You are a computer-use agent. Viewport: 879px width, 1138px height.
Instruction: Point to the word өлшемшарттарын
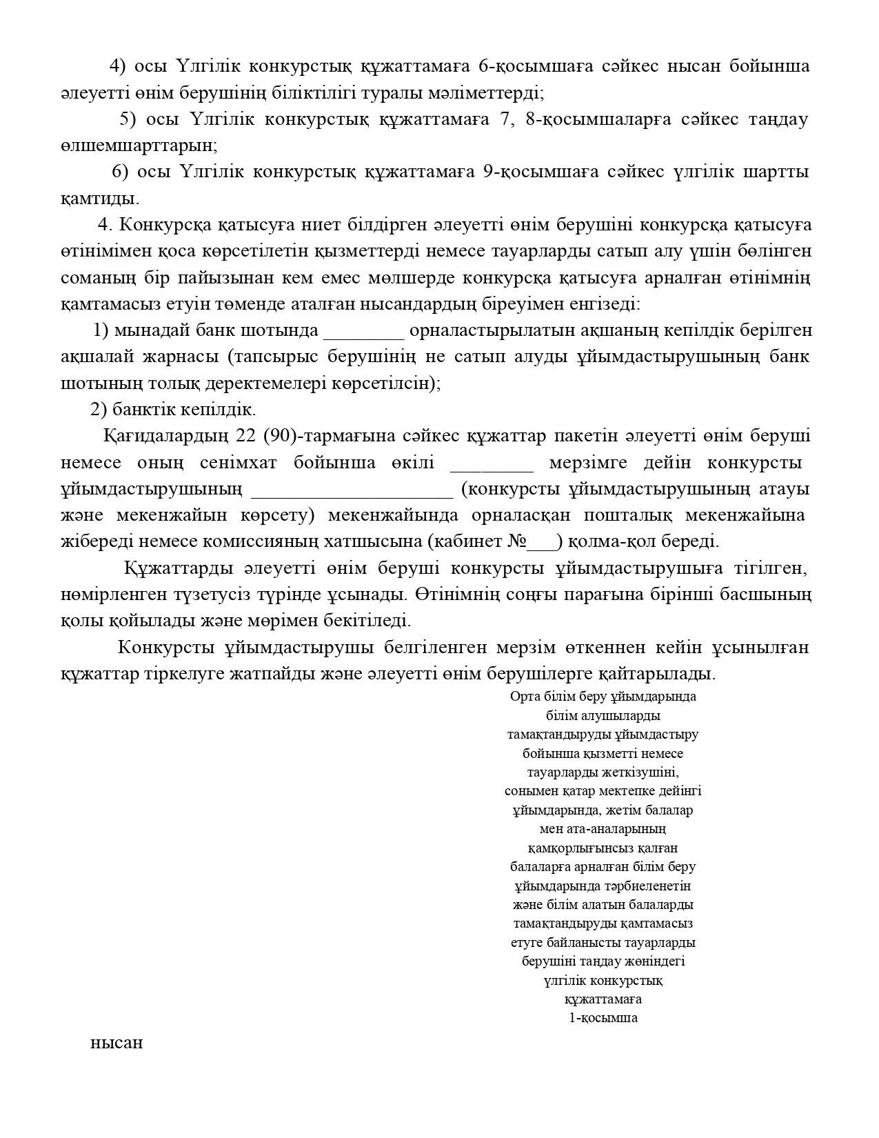pos(139,146)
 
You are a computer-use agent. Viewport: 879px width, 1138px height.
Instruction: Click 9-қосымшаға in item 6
pos(531,172)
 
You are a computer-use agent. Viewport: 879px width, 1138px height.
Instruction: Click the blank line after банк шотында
pos(363,332)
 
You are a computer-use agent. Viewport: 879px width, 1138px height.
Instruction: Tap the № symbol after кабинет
pos(517,541)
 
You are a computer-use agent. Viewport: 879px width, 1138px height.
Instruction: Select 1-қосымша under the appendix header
pos(603,1018)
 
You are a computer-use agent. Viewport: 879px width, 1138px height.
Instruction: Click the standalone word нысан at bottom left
pos(117,1042)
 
